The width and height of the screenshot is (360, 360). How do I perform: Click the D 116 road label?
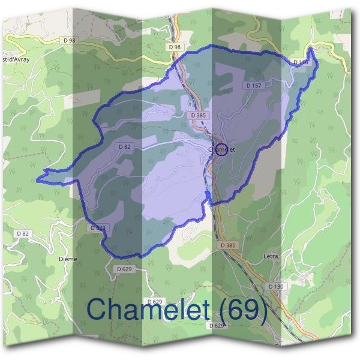[x=301, y=62]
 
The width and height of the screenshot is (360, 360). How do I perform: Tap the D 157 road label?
[x=254, y=86]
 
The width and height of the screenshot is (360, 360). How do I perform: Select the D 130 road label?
[x=275, y=287]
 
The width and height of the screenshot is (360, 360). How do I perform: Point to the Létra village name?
[x=271, y=256]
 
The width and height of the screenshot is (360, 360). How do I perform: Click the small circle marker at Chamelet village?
[x=221, y=149]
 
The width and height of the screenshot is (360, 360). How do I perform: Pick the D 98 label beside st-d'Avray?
[x=69, y=40]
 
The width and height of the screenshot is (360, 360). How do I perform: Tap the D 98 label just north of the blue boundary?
[x=175, y=46]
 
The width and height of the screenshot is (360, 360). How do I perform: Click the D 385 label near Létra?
[x=228, y=245]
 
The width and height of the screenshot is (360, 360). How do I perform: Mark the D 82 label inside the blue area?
[x=125, y=146]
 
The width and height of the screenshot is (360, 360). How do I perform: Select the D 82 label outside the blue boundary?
[x=23, y=233]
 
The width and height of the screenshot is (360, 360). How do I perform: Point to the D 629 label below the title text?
[x=217, y=325]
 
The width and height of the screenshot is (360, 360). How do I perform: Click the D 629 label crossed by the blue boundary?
[x=98, y=228]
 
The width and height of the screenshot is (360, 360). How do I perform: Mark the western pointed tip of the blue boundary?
[x=37, y=179]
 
